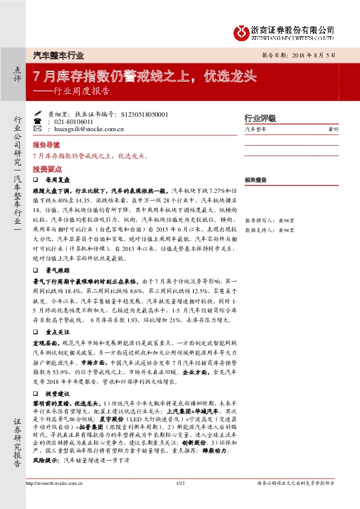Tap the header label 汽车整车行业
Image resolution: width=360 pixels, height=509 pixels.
[x=58, y=55]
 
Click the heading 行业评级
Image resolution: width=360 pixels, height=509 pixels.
[x=260, y=118]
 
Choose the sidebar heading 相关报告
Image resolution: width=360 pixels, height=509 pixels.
[x=256, y=180]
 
